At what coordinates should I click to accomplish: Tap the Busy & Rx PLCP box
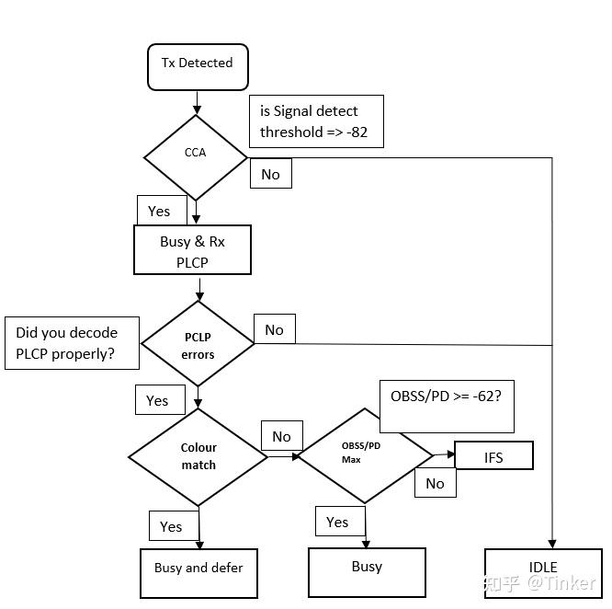192,250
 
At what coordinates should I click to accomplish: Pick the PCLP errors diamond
198,344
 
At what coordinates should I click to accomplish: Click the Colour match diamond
198,456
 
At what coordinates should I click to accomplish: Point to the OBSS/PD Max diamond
365,454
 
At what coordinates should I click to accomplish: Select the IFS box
493,457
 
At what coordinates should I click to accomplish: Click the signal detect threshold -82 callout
315,121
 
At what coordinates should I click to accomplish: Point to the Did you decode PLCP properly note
73,342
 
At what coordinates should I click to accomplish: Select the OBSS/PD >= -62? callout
447,405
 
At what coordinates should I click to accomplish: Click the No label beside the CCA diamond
270,174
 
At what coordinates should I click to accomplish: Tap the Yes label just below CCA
160,211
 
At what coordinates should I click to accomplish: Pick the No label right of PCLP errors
274,330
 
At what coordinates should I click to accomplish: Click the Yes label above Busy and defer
172,526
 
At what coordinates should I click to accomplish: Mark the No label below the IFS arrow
435,483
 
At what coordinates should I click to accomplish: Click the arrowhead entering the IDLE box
552,544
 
